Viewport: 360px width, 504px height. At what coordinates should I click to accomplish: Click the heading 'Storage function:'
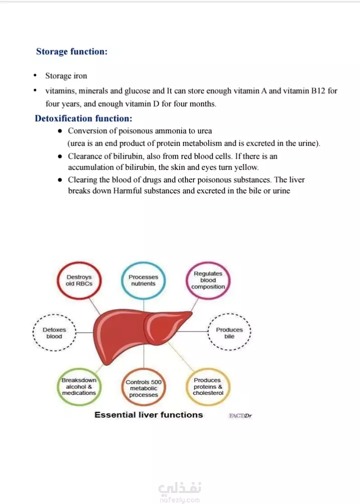click(72, 52)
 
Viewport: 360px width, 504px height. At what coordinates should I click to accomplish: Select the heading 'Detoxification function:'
click(83, 119)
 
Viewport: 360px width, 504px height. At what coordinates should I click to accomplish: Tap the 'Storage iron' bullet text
click(66, 76)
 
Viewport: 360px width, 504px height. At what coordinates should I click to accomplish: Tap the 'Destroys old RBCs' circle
click(79, 280)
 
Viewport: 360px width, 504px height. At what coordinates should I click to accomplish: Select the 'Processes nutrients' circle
click(143, 280)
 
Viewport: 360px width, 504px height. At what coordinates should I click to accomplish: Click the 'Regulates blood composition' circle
click(208, 281)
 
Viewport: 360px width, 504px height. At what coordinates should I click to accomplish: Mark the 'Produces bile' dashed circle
click(229, 333)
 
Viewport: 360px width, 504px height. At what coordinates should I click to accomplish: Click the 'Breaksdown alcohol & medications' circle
click(79, 387)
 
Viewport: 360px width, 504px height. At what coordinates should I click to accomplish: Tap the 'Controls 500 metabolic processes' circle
click(143, 388)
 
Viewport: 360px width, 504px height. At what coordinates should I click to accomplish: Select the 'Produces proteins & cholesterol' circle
click(208, 387)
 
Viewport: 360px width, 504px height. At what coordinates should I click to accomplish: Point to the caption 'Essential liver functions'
click(148, 415)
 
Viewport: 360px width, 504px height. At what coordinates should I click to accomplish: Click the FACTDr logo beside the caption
click(240, 415)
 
